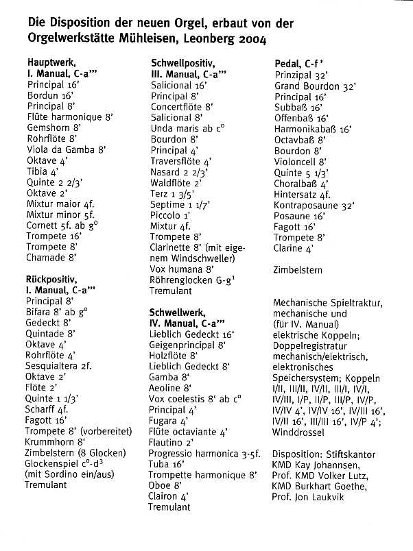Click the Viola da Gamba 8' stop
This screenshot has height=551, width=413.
tap(67, 149)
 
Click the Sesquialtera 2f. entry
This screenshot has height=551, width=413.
tap(58, 366)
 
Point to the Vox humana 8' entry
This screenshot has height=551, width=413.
tap(182, 269)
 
